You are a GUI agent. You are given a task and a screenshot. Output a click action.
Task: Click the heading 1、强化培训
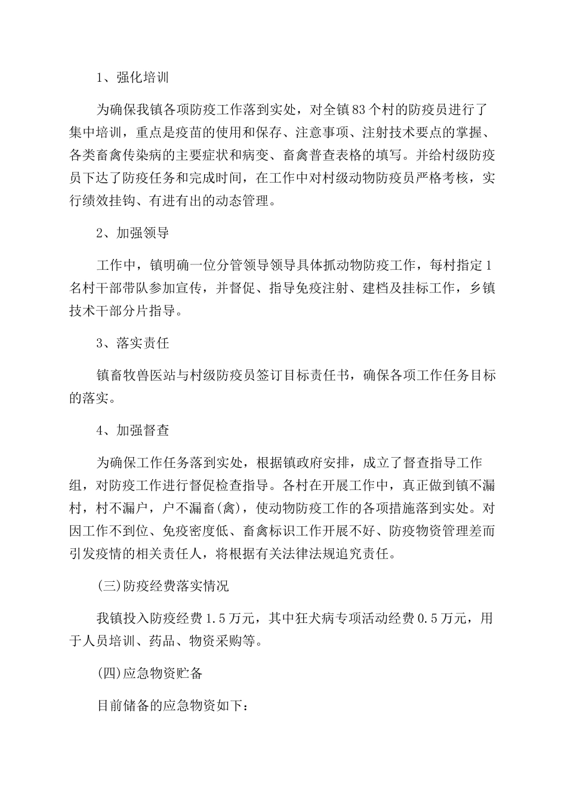click(x=132, y=78)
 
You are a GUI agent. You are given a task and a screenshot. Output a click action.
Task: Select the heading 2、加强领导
click(x=132, y=233)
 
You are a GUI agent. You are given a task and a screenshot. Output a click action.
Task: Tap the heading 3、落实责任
click(x=132, y=343)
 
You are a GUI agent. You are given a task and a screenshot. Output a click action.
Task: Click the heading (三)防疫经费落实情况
click(x=162, y=585)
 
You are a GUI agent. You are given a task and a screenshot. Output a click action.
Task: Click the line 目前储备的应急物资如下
click(x=173, y=705)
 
